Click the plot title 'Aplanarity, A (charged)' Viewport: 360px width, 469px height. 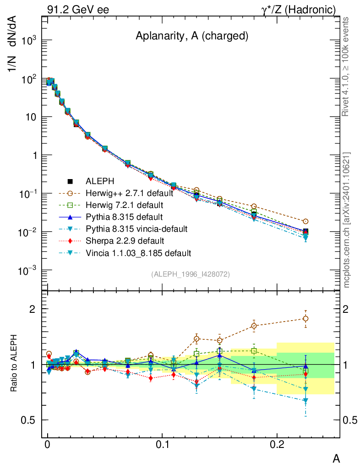[x=192, y=37]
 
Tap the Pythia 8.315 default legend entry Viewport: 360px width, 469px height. [x=118, y=217]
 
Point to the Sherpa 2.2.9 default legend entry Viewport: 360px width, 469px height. [x=118, y=240]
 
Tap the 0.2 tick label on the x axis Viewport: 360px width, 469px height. [x=277, y=445]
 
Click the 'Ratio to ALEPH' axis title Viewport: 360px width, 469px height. [x=15, y=365]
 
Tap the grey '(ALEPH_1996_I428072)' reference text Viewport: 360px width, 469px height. [x=190, y=274]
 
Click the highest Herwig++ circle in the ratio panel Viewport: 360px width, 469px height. [x=305, y=318]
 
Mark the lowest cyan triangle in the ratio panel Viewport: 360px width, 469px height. [x=305, y=401]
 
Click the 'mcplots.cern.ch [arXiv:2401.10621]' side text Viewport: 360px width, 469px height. [x=347, y=220]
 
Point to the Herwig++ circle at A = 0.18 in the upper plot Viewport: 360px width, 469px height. [x=254, y=207]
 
